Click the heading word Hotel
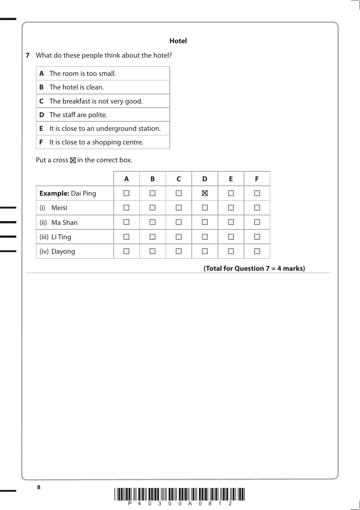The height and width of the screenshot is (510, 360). [178, 41]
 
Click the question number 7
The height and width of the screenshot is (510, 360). [28, 55]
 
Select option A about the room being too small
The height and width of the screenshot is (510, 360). [82, 74]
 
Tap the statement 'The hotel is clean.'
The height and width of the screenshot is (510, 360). [76, 87]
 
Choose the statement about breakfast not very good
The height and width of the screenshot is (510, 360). [95, 101]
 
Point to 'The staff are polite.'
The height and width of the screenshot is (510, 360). [78, 115]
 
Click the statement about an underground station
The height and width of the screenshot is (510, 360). [105, 129]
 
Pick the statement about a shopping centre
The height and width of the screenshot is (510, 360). [96, 142]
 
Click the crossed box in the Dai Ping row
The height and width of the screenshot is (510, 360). [205, 193]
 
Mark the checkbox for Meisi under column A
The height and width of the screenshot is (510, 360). [126, 208]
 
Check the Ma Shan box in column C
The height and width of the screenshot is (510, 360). [178, 222]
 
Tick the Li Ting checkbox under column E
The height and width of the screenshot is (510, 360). [231, 237]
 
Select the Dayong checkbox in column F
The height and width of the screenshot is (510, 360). [257, 251]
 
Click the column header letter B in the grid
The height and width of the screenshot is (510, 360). [152, 179]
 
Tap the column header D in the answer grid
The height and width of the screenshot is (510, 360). [205, 179]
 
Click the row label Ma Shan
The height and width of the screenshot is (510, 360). [64, 223]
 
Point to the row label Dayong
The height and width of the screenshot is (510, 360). [63, 251]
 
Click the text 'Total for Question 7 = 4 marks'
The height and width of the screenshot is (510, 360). [254, 268]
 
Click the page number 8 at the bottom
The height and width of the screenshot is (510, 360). [39, 487]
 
